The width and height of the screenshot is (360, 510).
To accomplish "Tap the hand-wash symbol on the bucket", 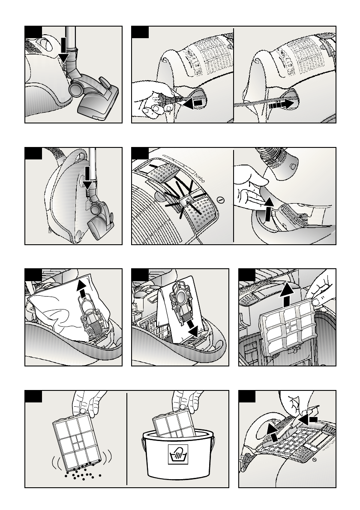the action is coord(178,454).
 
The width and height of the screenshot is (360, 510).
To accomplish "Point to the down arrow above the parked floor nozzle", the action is coord(64,50).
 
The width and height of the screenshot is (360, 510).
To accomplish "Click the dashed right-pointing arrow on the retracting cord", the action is coord(281,104).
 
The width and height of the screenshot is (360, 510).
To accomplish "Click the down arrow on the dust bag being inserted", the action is coord(192,327).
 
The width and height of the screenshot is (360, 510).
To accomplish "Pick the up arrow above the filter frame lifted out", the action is coord(286,295).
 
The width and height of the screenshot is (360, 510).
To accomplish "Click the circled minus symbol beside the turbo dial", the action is coord(220,200).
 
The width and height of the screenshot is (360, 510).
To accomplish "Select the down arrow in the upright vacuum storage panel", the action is coord(87,178).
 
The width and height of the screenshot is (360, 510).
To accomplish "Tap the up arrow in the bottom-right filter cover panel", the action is coord(272,432).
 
